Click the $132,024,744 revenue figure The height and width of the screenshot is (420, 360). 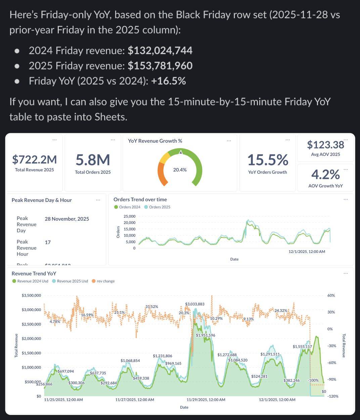(160, 51)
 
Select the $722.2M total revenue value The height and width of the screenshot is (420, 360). (34, 159)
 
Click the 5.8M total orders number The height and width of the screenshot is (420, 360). (93, 160)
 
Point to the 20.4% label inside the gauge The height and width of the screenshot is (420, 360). (180, 170)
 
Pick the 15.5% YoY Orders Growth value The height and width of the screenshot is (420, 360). (267, 160)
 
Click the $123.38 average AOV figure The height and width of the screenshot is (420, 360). (325, 145)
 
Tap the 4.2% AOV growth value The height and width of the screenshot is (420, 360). (325, 174)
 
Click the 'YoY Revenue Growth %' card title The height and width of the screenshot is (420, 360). (155, 141)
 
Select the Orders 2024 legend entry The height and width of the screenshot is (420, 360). (127, 207)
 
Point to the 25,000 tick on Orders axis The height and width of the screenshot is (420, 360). (129, 216)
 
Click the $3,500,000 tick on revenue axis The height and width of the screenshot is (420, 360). (31, 296)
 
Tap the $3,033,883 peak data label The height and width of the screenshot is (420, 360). (194, 304)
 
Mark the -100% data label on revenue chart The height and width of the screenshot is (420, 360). (313, 380)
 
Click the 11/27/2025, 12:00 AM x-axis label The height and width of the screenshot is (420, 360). (135, 400)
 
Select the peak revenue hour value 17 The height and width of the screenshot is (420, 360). (48, 242)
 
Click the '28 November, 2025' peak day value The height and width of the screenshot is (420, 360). (67, 219)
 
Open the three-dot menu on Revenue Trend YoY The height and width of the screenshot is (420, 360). (346, 273)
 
